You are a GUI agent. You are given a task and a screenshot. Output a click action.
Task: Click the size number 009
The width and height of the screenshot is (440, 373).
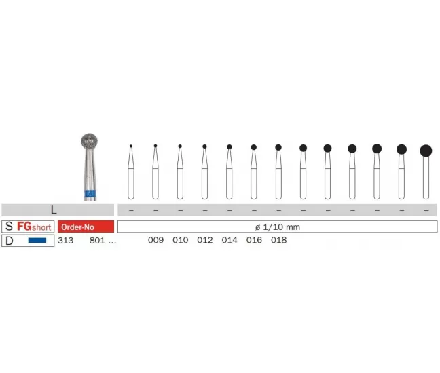point(155,240)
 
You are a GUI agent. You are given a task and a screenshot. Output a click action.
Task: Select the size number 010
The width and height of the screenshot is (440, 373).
point(181,240)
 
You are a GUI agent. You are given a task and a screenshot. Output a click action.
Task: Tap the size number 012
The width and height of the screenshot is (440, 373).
point(205,240)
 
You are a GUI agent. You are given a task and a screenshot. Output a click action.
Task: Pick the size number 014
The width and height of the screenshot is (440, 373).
point(230,240)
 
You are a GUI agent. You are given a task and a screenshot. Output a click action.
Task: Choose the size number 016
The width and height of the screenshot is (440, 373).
point(254,240)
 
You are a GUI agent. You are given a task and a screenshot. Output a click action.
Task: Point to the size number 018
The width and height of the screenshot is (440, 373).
point(278,240)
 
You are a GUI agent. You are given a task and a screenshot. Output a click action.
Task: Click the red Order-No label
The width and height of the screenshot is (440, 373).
point(86,227)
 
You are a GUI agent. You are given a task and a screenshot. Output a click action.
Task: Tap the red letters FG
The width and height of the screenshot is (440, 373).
point(24,226)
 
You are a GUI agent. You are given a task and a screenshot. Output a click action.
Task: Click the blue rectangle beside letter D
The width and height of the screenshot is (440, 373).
point(37,241)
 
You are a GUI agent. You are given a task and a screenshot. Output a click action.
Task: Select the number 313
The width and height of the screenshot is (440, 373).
point(66,241)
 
